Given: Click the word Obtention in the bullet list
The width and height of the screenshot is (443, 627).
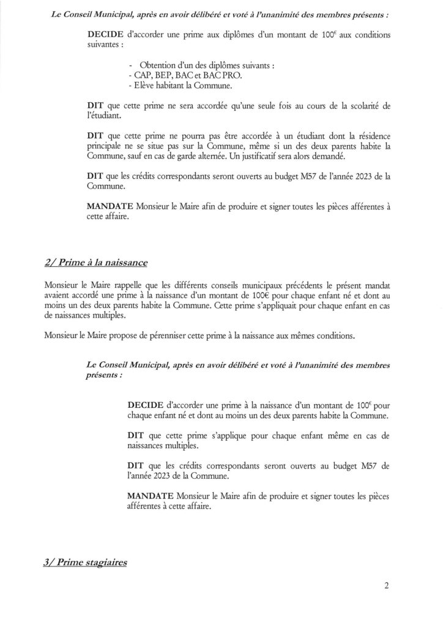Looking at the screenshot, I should coord(158,66).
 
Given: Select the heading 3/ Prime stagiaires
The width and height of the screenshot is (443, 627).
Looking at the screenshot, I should coord(86,562).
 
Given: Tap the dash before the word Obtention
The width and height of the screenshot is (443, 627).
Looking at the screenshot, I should coord(133,66).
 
